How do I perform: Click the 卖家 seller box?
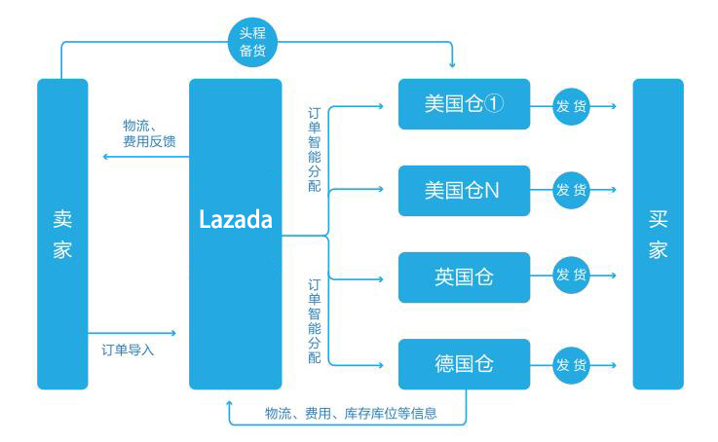tap(62, 234)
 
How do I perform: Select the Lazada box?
tap(235, 234)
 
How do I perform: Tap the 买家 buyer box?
tap(658, 234)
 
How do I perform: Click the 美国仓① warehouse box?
tap(464, 104)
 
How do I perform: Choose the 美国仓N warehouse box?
tap(464, 191)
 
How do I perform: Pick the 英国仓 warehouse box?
tap(464, 276)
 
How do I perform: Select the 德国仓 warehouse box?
tap(464, 364)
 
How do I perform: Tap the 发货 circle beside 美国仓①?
tap(572, 105)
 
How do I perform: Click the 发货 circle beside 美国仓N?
tap(572, 190)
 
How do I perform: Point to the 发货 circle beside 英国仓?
tap(572, 276)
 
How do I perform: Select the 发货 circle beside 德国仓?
tap(572, 365)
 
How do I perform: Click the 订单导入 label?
tap(128, 350)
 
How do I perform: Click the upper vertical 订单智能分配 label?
tap(314, 155)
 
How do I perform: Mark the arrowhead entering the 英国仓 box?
tap(393, 276)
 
